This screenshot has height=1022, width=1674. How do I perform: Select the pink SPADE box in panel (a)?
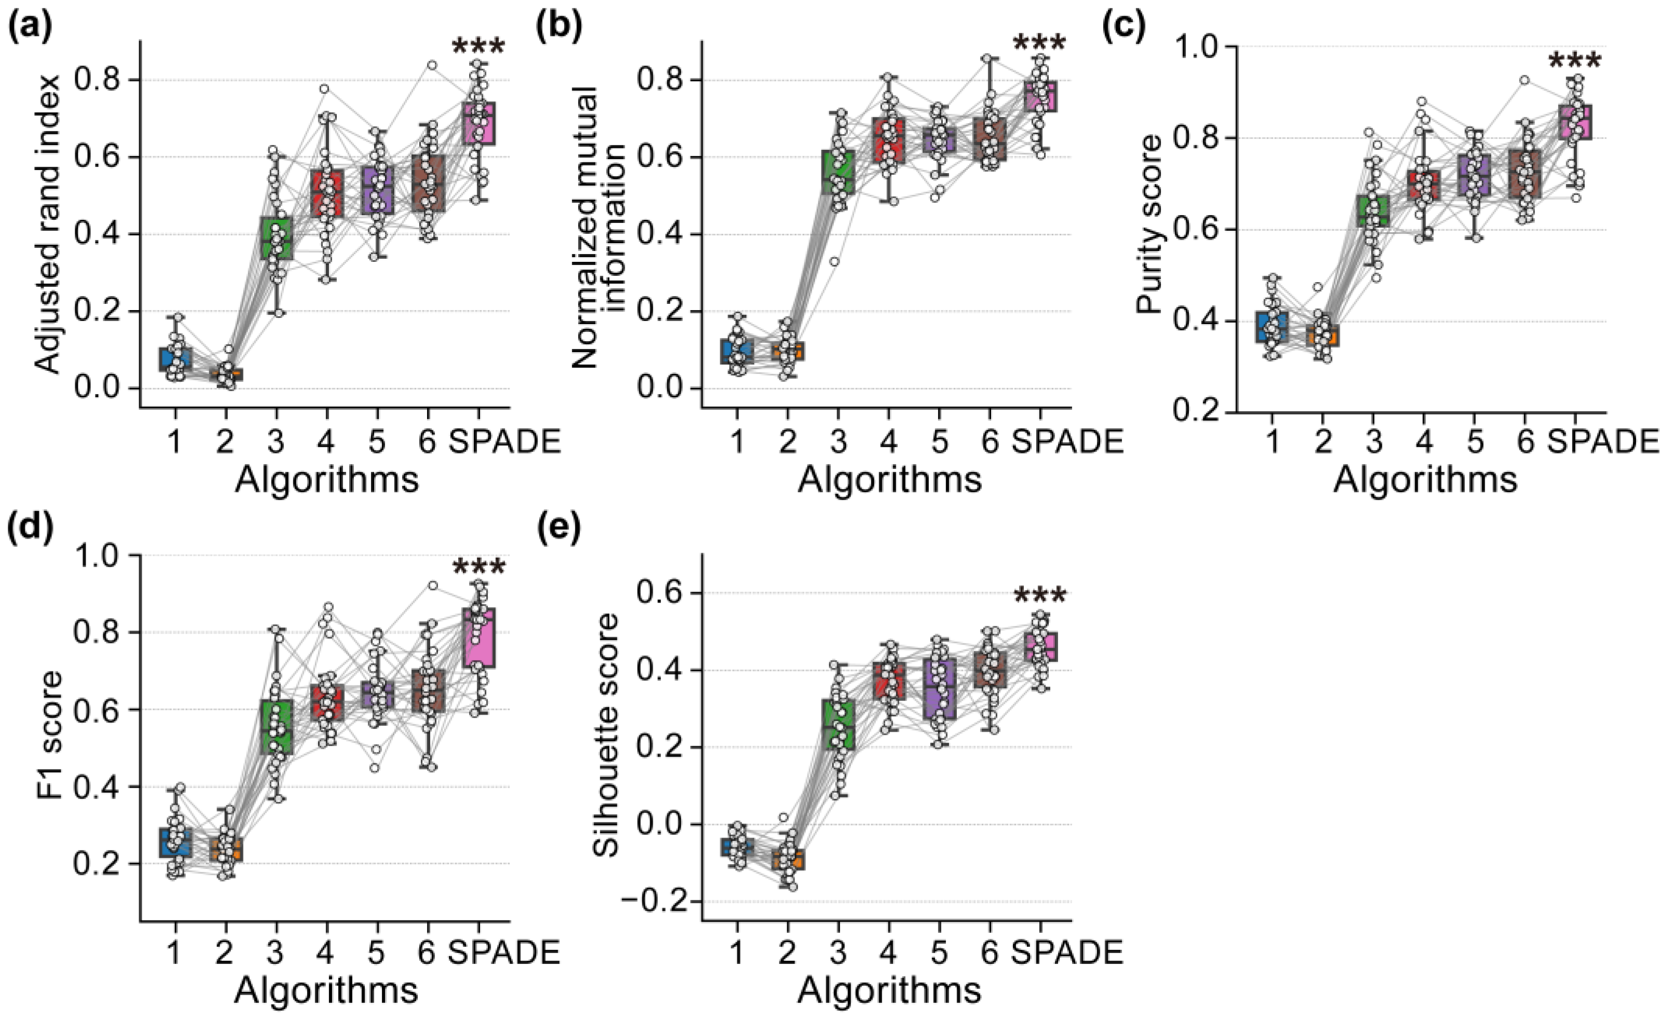(x=478, y=123)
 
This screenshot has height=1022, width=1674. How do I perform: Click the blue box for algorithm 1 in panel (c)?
(x=1272, y=327)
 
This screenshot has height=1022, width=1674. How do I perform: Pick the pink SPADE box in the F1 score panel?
(x=478, y=638)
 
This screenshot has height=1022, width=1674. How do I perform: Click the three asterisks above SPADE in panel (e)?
(x=1039, y=597)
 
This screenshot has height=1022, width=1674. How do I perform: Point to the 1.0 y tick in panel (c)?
(x=1202, y=46)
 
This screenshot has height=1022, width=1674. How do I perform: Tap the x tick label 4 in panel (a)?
(x=326, y=442)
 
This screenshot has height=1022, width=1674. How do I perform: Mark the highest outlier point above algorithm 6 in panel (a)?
(x=431, y=65)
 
